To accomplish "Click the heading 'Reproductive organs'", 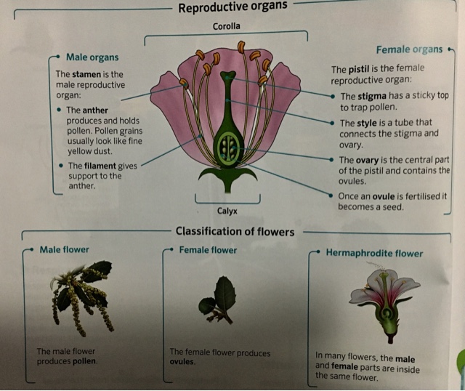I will (232, 7).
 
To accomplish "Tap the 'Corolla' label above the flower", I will (226, 27).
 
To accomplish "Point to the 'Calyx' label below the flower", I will (227, 211).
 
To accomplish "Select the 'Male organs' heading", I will (92, 57).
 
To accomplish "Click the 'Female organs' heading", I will (409, 49).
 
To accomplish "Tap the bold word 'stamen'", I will (89, 74).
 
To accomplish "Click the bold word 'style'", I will (371, 123).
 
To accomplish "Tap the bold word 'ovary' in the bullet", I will (373, 160).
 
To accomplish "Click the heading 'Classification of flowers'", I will (235, 232).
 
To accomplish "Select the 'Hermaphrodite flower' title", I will (377, 254).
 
